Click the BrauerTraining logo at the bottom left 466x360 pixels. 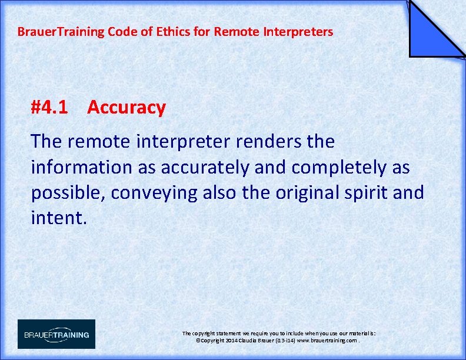pyautogui.click(x=56, y=334)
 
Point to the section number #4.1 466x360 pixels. pyautogui.click(x=49, y=108)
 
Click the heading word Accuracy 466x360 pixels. pyautogui.click(x=127, y=108)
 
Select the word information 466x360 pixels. pyautogui.click(x=81, y=168)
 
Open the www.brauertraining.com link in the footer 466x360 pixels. pyautogui.click(x=327, y=341)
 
